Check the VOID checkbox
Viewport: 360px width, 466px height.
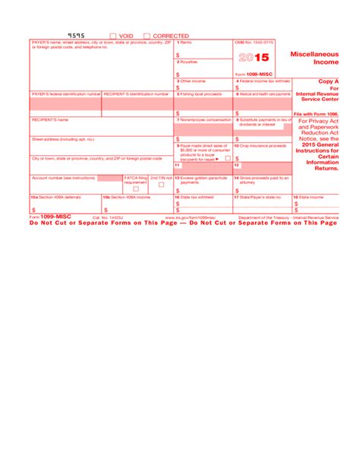pos(113,36)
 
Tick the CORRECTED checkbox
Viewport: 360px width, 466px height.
pos(147,36)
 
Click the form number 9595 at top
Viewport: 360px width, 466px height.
pos(77,35)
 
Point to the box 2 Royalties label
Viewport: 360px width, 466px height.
pos(188,62)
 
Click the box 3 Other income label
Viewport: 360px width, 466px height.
pos(191,80)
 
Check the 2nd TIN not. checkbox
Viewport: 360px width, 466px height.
pos(162,184)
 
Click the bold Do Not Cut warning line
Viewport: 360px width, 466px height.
pos(182,223)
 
